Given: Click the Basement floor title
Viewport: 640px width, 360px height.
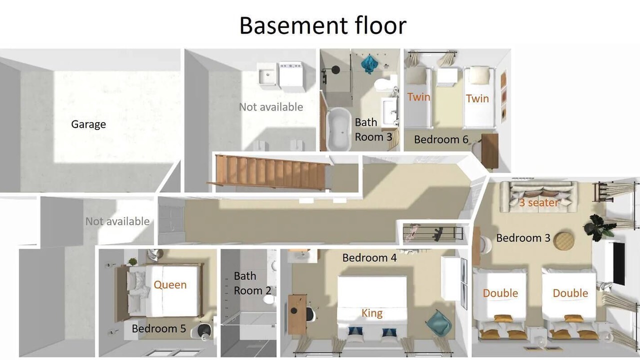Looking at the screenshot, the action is (322, 25).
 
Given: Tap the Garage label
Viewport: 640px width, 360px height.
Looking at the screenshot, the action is (88, 124).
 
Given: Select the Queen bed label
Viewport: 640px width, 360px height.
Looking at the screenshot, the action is (170, 284).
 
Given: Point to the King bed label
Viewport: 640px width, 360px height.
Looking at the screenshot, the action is (372, 313).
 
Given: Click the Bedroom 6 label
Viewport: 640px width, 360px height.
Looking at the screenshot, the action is (441, 139).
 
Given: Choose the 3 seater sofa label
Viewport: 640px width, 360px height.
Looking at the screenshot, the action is (538, 202).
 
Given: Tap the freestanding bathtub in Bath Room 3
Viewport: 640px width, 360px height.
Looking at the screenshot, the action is (339, 129).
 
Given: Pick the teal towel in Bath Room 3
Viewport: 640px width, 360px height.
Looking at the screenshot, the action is (369, 64).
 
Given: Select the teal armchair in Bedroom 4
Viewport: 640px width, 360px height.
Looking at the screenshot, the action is (438, 323).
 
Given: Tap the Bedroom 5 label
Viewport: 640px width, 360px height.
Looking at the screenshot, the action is (159, 328).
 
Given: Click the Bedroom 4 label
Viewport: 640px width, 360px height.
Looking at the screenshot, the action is (369, 257).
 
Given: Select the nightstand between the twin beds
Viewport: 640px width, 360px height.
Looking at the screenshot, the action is (447, 76).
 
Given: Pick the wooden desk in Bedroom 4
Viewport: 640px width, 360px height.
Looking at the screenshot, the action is (297, 314).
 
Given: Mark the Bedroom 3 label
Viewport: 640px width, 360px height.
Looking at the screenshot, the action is (523, 238).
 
